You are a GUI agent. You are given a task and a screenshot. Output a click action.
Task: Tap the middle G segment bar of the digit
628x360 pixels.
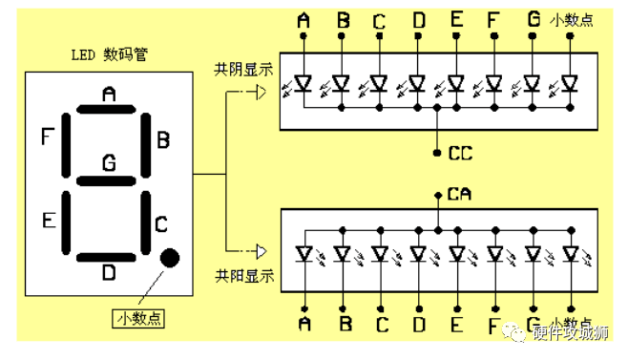click(108, 180)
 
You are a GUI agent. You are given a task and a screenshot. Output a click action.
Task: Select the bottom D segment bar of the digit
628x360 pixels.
click(108, 257)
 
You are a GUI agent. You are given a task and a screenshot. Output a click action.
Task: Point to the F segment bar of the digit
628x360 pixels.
click(67, 144)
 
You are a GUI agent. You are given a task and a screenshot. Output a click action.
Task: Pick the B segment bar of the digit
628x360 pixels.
click(149, 144)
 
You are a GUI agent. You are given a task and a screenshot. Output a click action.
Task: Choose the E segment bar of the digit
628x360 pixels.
click(67, 221)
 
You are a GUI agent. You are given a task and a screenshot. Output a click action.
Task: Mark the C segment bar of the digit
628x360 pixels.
click(149, 221)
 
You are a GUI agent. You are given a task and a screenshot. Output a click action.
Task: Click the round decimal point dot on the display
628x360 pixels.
click(171, 257)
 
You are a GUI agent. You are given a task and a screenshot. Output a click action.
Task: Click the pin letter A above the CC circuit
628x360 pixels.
click(304, 19)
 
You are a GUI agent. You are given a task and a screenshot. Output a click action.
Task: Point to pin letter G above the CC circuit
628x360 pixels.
click(533, 19)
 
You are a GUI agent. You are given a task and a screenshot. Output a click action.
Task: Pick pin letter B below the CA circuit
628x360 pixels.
click(344, 325)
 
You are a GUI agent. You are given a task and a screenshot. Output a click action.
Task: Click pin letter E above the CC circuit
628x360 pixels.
click(456, 19)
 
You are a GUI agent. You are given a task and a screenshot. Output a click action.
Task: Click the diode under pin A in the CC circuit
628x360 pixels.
click(304, 84)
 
